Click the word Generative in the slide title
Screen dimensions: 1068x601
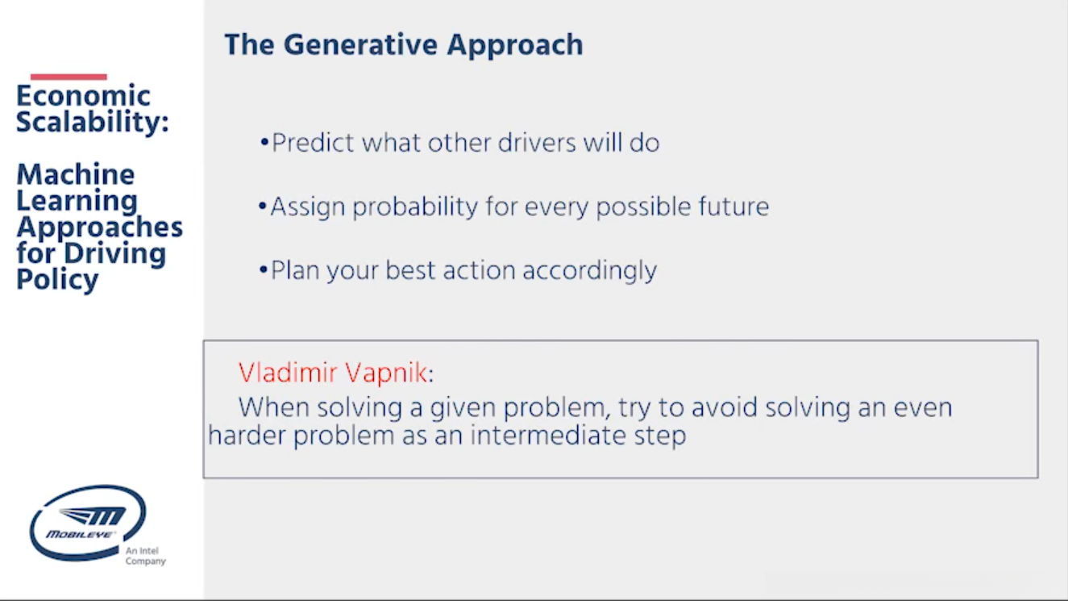click(360, 44)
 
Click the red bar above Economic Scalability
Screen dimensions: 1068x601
click(69, 77)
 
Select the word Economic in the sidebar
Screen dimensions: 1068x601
click(84, 95)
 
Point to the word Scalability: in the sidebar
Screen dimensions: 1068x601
click(93, 122)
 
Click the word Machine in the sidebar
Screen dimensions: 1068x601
click(76, 174)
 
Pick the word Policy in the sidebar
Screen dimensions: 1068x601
click(58, 280)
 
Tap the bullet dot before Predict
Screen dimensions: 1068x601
click(264, 142)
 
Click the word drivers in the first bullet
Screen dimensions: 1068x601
click(537, 142)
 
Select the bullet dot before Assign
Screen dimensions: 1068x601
click(262, 207)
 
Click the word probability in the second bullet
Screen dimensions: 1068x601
click(415, 207)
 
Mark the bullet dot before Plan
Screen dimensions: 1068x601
click(264, 270)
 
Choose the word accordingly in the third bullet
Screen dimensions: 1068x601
click(589, 271)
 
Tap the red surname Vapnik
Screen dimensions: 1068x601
click(386, 374)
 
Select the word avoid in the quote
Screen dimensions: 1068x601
click(724, 407)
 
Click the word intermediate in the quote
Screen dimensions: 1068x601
click(548, 436)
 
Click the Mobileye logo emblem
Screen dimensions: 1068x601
click(88, 523)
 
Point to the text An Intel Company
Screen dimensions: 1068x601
click(145, 556)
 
